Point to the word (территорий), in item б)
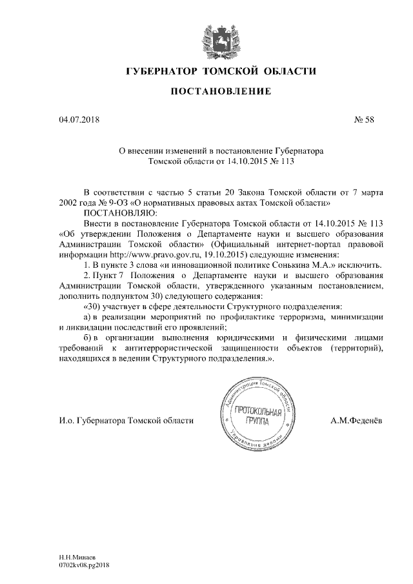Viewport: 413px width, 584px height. coord(356,349)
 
